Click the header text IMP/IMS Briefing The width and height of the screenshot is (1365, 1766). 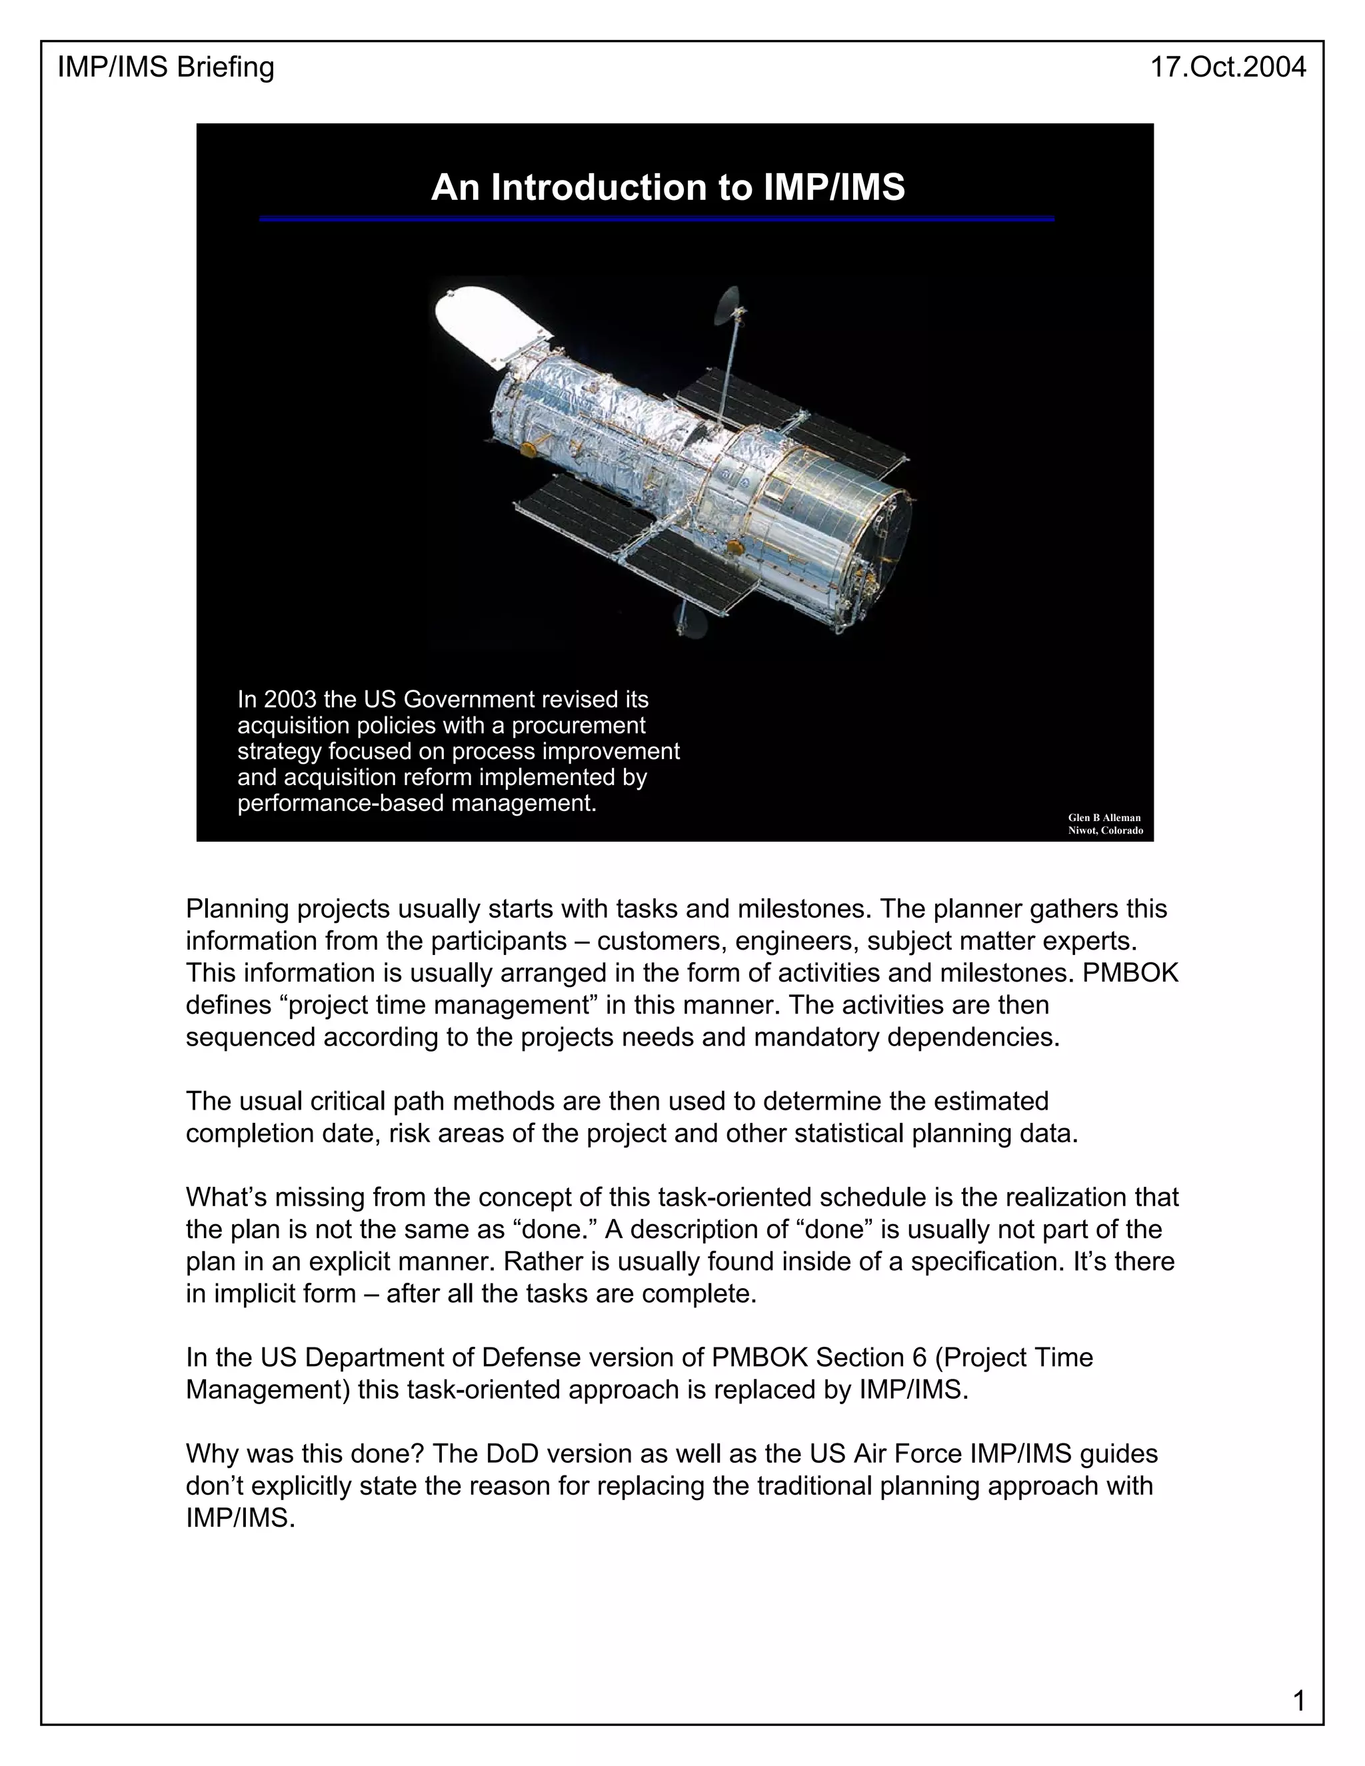[166, 67]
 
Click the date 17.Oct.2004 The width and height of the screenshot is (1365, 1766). [1228, 67]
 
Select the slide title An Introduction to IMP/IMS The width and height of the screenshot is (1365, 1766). [668, 188]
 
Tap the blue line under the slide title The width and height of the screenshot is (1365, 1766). [657, 219]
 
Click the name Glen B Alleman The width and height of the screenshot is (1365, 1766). [1104, 818]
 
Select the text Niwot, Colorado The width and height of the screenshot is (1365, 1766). [1104, 830]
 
